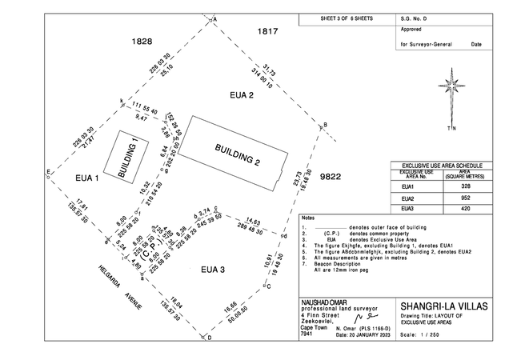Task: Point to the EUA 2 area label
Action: click(x=241, y=96)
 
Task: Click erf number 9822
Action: click(x=330, y=176)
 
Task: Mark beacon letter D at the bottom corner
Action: click(x=209, y=339)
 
